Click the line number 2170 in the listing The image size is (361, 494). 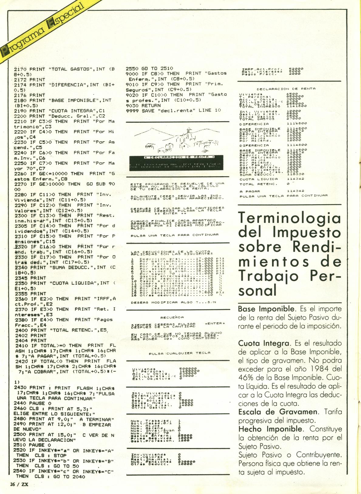tap(20, 69)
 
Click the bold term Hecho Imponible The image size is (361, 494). tap(267, 429)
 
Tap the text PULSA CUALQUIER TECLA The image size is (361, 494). tap(180, 353)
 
